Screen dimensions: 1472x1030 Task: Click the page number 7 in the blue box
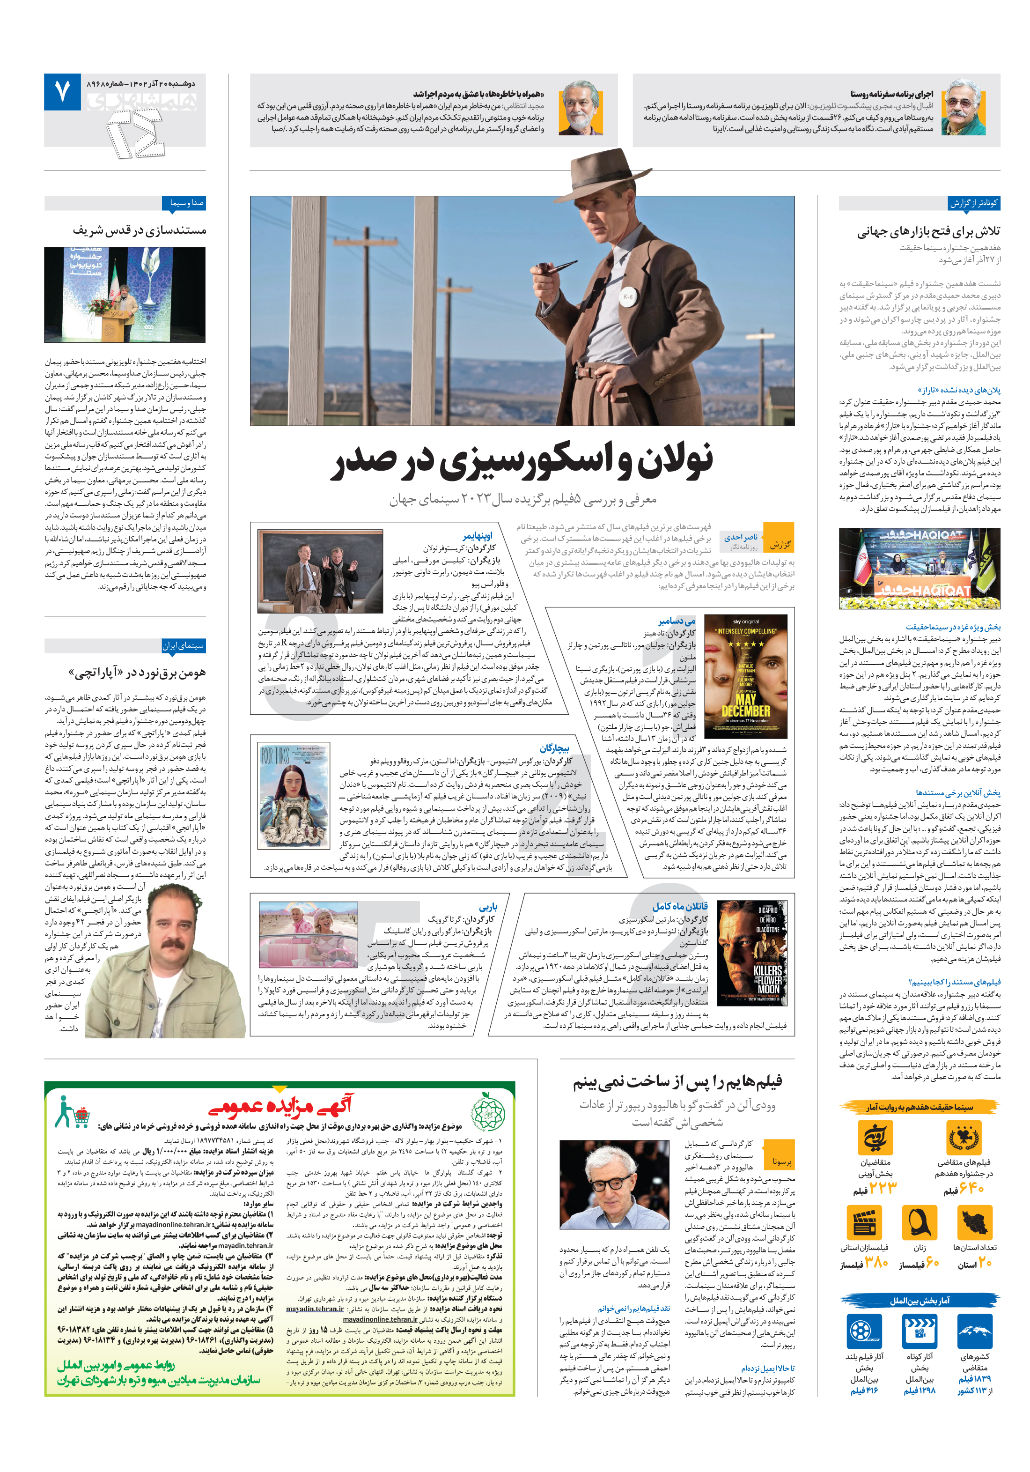61,92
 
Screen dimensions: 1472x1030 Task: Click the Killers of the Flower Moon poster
751,954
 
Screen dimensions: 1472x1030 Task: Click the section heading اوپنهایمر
478,536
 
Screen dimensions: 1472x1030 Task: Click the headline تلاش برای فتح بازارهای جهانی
928,231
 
